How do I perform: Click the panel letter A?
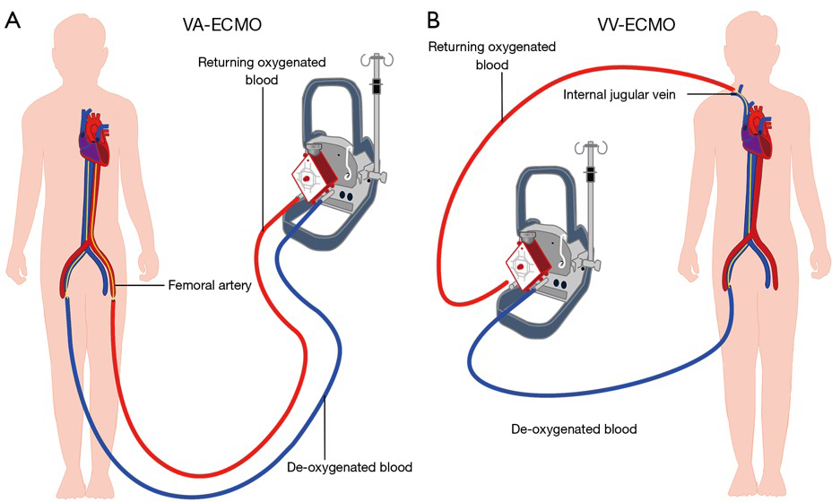tap(12, 21)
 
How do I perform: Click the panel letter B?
tap(434, 21)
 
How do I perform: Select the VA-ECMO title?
tap(221, 25)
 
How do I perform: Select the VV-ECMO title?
tap(637, 25)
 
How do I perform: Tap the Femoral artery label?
tap(210, 285)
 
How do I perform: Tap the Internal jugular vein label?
tap(620, 95)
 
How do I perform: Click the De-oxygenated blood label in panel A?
tap(350, 468)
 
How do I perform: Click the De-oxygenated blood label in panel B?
tap(574, 428)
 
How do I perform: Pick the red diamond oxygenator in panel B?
tap(527, 263)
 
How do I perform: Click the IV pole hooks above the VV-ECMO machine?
tap(590, 148)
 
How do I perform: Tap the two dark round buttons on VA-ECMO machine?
tap(345, 195)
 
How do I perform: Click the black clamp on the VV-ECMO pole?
tap(590, 174)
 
